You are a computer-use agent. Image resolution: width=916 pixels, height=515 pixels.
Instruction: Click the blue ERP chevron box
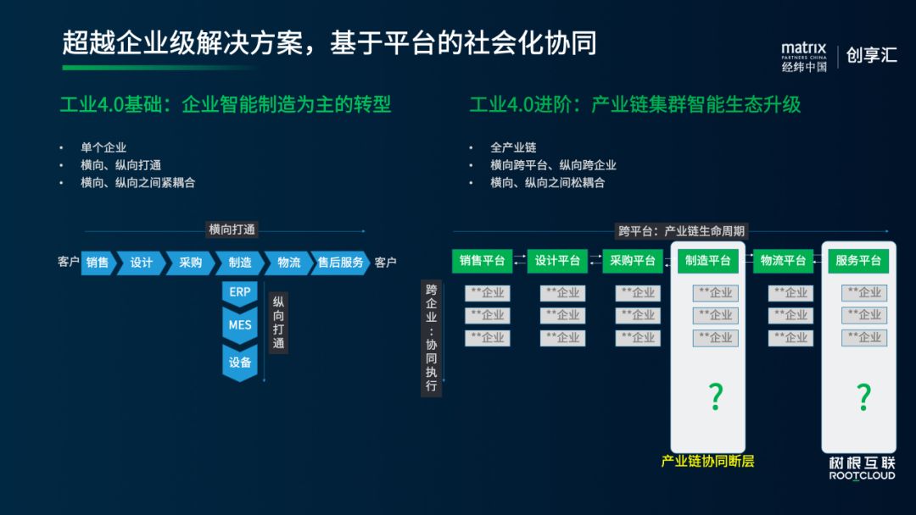pos(239,292)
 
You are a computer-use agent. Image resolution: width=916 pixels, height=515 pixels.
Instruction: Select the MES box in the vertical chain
pos(239,324)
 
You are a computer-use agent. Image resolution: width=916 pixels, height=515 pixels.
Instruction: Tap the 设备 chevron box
pos(239,362)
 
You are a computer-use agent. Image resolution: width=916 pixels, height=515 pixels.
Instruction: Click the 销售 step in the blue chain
pos(98,263)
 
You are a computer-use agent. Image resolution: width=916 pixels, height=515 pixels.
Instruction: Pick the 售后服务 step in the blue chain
pos(340,263)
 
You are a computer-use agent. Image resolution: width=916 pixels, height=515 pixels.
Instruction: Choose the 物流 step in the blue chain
pos(288,263)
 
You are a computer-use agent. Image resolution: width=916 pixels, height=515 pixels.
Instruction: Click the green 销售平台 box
pos(482,261)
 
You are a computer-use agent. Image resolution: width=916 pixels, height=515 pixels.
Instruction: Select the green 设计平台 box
pos(557,261)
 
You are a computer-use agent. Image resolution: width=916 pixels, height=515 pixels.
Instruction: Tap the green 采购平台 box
pos(633,261)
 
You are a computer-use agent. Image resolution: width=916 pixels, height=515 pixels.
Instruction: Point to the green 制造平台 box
pos(708,261)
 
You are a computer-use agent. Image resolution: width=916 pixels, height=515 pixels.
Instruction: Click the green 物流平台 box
pos(783,261)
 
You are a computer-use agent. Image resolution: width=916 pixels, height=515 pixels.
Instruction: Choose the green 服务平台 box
pos(858,261)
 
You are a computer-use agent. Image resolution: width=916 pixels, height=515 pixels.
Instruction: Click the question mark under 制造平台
pos(716,396)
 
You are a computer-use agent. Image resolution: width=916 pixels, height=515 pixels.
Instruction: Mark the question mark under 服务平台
pos(863,396)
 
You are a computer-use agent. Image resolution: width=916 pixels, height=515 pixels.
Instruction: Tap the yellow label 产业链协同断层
pos(707,462)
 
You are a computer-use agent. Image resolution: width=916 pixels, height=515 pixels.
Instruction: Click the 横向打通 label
pos(232,230)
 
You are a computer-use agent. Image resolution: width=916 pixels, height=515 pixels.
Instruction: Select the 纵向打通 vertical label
pos(278,323)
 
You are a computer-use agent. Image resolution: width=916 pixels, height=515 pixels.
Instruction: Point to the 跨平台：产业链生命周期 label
pos(683,230)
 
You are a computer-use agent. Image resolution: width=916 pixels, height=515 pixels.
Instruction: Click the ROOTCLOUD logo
pos(862,469)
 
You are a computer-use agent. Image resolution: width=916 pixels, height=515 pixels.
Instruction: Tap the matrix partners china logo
pos(803,57)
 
